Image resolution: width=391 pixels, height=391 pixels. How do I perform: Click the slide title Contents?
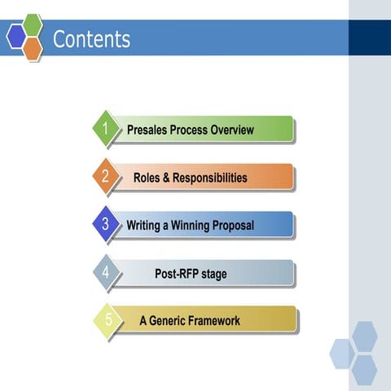[x=91, y=38]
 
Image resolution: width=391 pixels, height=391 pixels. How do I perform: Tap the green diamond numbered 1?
[x=105, y=128]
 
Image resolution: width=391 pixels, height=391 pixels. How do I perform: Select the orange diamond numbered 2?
[x=105, y=176]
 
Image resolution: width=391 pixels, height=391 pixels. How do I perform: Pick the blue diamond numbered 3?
[x=105, y=223]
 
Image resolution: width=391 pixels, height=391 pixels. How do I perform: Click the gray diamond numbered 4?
[x=105, y=272]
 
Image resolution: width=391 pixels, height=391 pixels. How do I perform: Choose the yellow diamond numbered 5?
[x=108, y=319]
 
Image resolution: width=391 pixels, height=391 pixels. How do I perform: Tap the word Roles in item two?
[x=147, y=178]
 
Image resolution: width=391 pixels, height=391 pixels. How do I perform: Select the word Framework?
[x=215, y=321]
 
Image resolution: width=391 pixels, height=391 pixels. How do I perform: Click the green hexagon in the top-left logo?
[x=33, y=24]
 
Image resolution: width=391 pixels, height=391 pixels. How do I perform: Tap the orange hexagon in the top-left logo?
[x=33, y=49]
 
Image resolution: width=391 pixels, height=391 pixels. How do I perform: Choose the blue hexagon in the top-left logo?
[x=16, y=37]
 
